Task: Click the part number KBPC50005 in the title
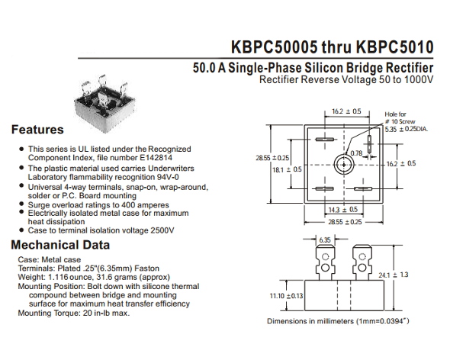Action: pos(275,47)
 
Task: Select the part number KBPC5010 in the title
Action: pos(395,47)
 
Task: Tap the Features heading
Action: pos(37,130)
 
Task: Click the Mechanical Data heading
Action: pos(60,245)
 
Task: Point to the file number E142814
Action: pos(156,158)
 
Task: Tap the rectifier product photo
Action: pos(104,104)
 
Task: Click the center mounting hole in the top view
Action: pos(344,165)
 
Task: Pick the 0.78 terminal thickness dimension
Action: pos(356,153)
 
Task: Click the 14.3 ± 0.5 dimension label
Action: pos(343,210)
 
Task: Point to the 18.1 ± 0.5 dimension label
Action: pos(287,169)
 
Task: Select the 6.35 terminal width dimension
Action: pos(325,239)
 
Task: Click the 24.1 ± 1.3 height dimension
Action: pos(393,275)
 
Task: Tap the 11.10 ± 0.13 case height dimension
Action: pos(286,296)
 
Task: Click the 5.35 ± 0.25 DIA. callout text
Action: pos(407,129)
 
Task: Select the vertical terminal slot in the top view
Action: pos(369,144)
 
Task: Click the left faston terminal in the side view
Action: pos(325,262)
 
